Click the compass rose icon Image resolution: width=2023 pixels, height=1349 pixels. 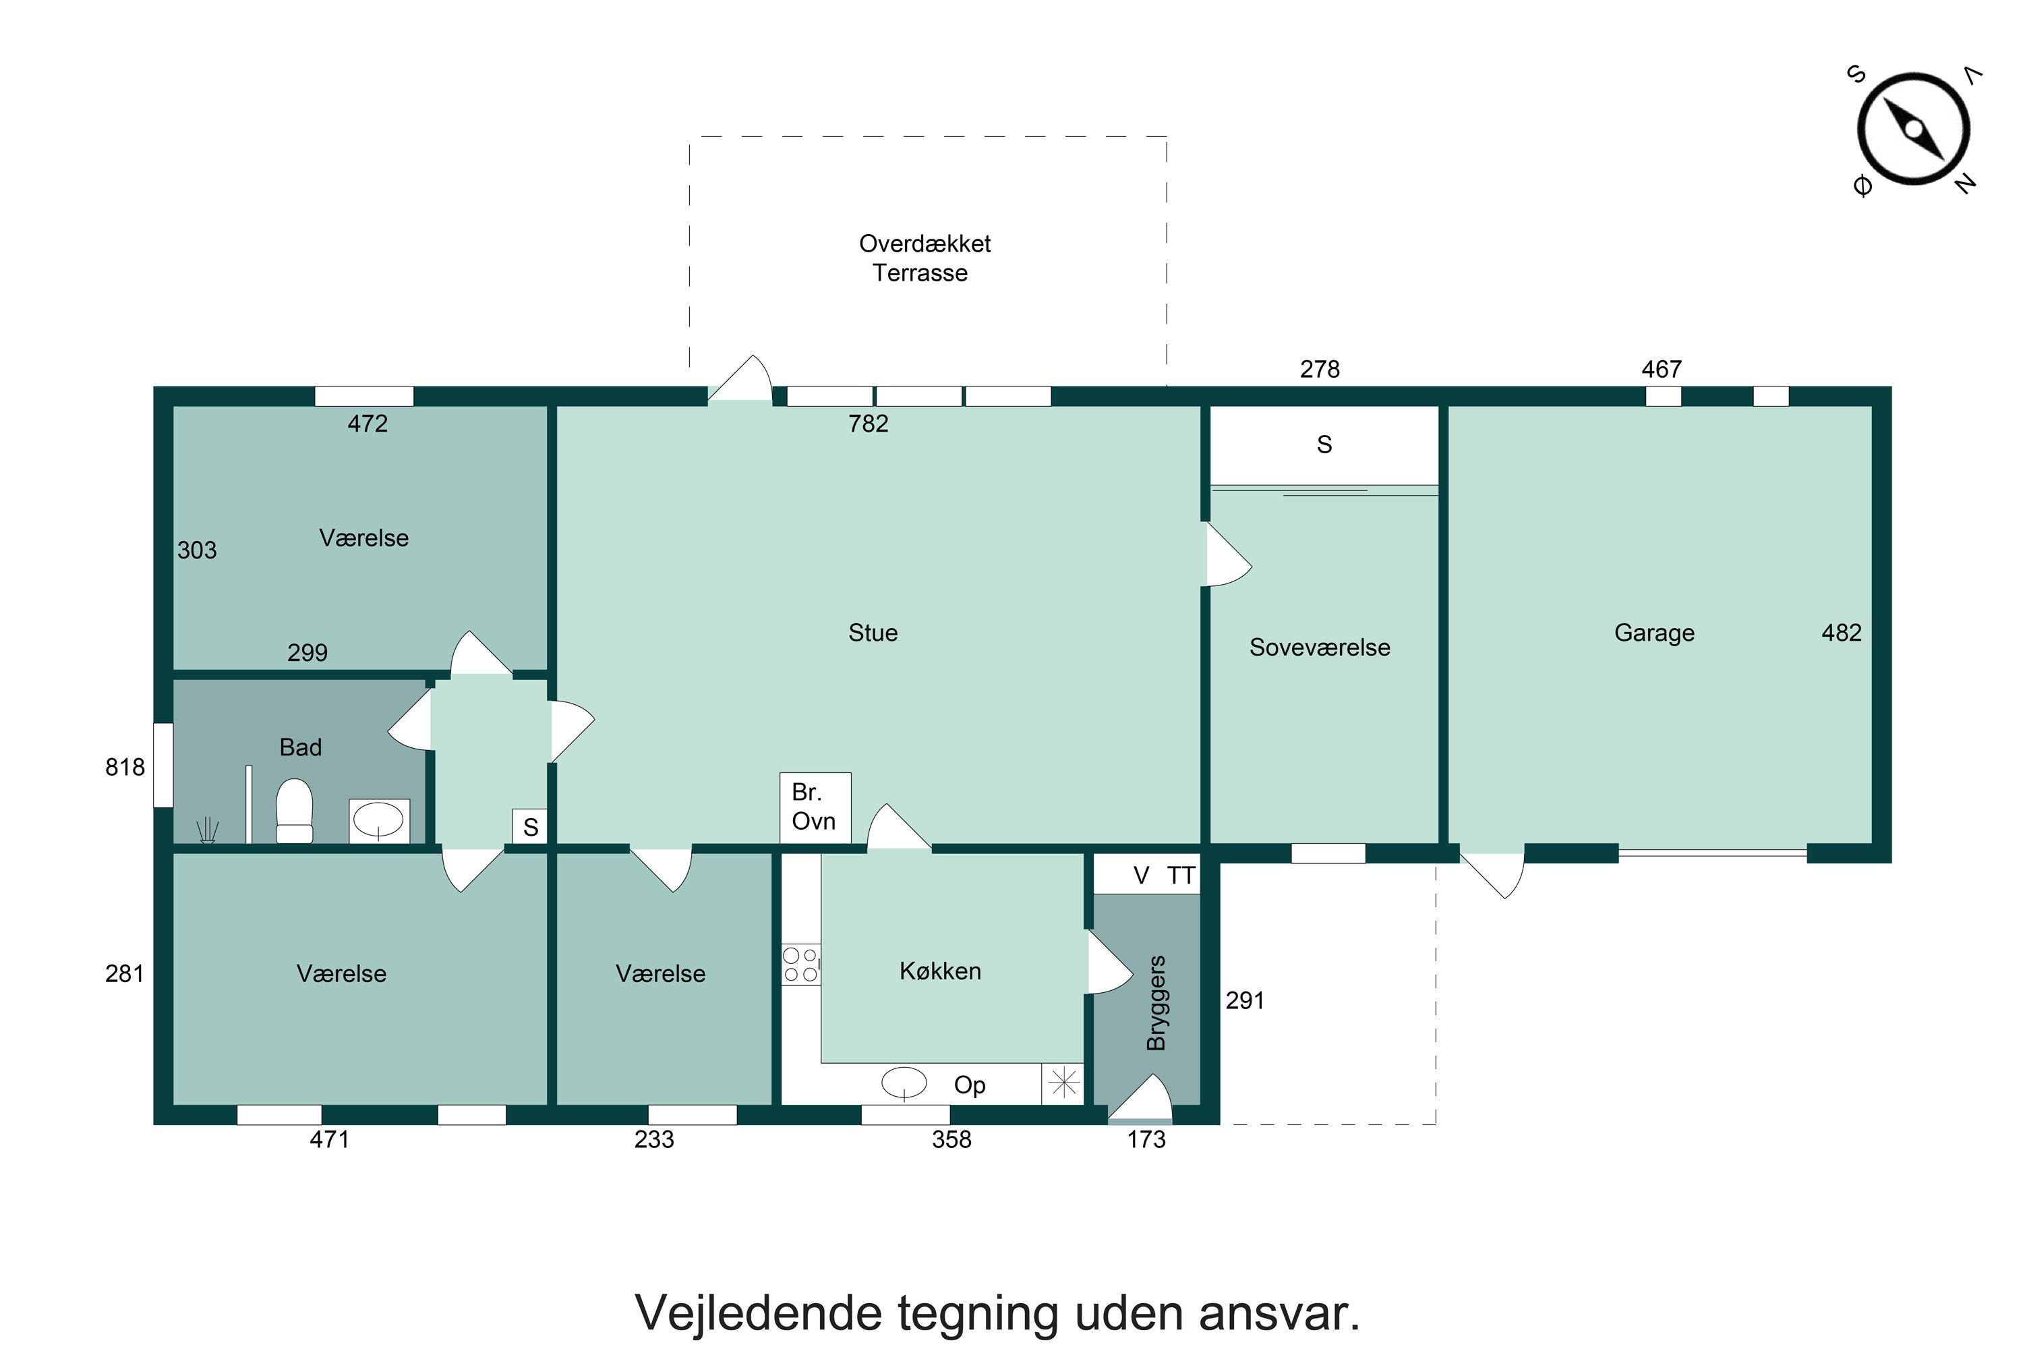(1913, 129)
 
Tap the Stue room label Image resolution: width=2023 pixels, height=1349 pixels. (873, 633)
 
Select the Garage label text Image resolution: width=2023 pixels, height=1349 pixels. (1654, 633)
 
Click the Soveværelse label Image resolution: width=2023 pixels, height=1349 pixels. (1320, 648)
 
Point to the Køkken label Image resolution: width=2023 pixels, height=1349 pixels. (940, 971)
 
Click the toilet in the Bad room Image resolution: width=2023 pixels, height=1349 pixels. (294, 811)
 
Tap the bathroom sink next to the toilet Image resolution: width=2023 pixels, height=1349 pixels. (378, 820)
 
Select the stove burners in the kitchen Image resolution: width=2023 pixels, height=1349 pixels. (800, 965)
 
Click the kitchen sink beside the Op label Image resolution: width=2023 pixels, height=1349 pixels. (905, 1083)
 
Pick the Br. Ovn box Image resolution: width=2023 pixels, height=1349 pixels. (815, 807)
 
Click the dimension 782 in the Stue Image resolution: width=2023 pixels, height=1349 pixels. (868, 424)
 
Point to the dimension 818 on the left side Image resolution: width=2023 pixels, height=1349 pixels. (125, 768)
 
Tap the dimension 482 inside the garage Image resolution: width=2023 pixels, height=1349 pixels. (1842, 633)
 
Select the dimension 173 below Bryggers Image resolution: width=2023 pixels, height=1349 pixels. (1146, 1140)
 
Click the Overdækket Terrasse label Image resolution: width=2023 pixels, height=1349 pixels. (924, 258)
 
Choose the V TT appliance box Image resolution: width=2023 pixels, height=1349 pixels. (1146, 876)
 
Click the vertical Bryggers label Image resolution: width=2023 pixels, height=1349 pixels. (1157, 1003)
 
